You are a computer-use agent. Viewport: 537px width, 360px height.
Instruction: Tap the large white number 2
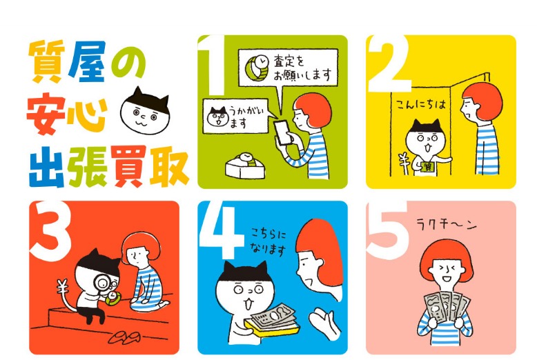point(389,63)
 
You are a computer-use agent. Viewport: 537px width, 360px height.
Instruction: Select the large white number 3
point(51,230)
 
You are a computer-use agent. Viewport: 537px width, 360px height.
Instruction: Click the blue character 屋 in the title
point(88,61)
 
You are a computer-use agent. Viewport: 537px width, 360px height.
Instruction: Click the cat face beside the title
point(144,111)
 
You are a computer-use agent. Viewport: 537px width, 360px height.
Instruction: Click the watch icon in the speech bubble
point(257,68)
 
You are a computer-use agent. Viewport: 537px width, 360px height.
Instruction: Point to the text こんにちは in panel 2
point(421,104)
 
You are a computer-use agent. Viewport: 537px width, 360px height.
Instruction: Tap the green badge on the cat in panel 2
point(428,168)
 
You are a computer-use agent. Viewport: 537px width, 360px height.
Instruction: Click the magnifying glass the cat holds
point(102,283)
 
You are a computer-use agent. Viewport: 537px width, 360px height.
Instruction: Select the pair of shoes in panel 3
point(125,339)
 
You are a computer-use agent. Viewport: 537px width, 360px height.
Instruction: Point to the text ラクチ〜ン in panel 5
point(447,225)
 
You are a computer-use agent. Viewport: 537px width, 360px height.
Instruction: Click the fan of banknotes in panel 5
point(447,309)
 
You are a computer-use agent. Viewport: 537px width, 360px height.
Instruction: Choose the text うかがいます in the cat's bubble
point(243,117)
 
